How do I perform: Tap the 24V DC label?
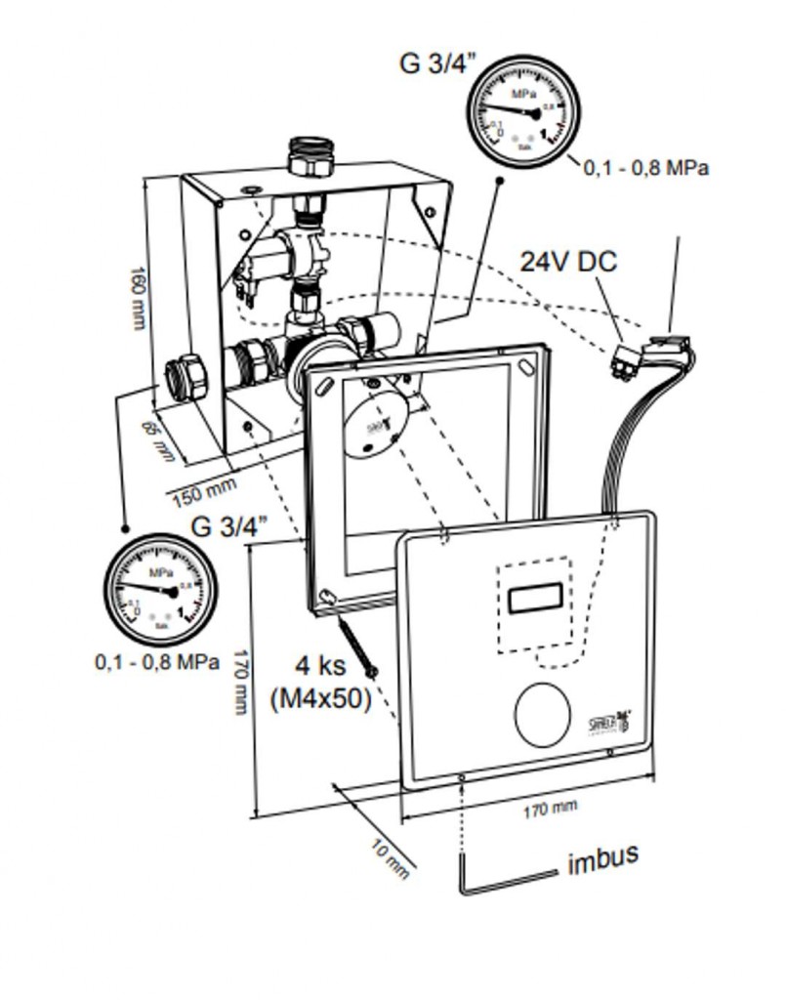pyautogui.click(x=568, y=262)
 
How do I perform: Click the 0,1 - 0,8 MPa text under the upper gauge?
pyautogui.click(x=646, y=167)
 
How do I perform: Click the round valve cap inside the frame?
pyautogui.click(x=373, y=426)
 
